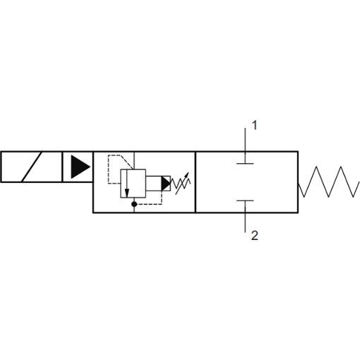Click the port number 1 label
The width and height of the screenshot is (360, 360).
pos(254,125)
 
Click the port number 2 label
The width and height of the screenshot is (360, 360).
pos(255,236)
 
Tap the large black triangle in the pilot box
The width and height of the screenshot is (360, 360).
pos(80,167)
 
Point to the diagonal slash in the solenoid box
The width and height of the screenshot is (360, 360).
pos(32,167)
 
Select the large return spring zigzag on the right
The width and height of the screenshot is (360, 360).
pos(329,181)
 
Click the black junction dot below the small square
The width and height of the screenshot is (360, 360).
pos(134,204)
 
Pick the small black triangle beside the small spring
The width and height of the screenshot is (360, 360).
pos(166,184)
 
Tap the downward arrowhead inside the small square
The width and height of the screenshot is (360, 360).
pos(127,193)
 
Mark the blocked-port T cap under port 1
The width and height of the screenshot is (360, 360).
pos(245,163)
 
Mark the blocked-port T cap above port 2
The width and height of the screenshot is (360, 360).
pos(245,200)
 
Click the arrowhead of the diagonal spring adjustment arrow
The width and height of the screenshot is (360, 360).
pos(186,175)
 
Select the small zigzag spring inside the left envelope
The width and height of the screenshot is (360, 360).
pos(181,184)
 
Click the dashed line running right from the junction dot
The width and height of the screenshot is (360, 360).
pos(149,204)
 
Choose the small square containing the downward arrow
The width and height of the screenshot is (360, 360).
pos(133,184)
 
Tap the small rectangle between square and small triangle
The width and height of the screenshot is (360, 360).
pos(154,184)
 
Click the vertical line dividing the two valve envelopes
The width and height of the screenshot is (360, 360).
pos(196,182)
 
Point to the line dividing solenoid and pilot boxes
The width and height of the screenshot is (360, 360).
pos(62,167)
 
